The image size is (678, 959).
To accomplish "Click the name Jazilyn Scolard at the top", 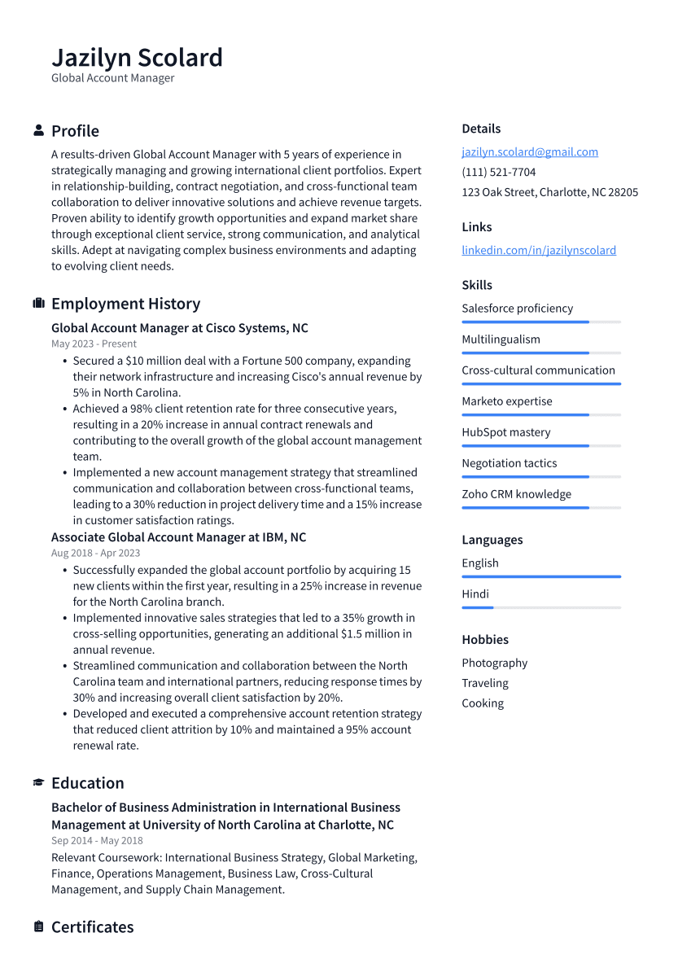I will (137, 58).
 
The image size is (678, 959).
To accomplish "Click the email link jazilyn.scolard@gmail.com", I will (529, 152).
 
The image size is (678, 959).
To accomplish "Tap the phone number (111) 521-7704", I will (498, 173).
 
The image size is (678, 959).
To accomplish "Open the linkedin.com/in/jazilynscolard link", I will (538, 251).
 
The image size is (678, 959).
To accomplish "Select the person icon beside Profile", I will (38, 131).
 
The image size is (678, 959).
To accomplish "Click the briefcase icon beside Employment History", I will (38, 304).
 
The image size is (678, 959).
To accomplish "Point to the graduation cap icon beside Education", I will (38, 783).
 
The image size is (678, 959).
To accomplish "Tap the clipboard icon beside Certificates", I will (38, 927).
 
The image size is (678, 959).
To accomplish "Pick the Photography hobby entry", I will (494, 663).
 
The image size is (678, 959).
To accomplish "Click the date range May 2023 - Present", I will (94, 344).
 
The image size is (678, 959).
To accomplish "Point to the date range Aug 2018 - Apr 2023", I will (95, 554).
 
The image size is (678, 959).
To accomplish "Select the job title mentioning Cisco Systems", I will (179, 329).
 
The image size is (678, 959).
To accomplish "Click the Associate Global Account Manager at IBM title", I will (178, 538).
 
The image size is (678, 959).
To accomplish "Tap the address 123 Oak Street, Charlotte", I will (549, 193).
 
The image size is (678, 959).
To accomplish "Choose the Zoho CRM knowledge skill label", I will (516, 495).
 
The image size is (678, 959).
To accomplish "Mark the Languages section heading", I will (492, 541).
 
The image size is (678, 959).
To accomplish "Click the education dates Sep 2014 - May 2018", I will (97, 841).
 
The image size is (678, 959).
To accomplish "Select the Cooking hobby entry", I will (483, 703).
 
